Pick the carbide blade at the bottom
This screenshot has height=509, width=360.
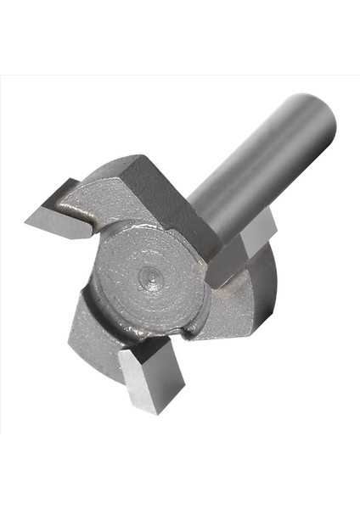[150, 373]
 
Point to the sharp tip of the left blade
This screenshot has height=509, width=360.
[27, 223]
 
